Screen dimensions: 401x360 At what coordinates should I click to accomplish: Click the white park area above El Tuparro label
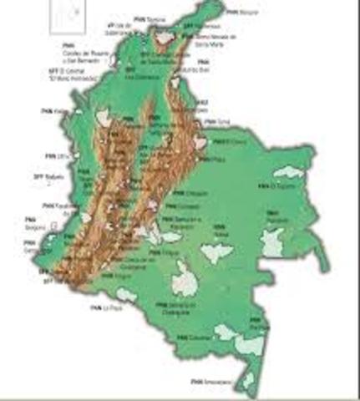pos(288,172)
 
